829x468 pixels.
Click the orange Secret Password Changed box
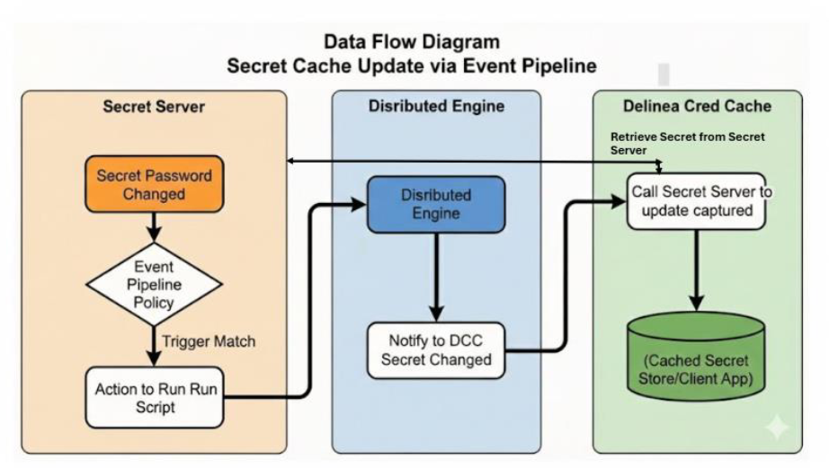(x=154, y=185)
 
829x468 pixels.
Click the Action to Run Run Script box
(x=154, y=396)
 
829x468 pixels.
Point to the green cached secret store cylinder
(x=696, y=356)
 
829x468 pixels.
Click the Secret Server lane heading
(x=154, y=107)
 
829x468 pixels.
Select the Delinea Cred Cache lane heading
(x=697, y=106)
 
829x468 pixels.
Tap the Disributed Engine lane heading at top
(x=436, y=107)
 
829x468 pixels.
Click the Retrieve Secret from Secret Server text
(x=688, y=143)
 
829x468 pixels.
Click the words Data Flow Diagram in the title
(x=412, y=42)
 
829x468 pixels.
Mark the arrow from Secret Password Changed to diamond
(x=154, y=229)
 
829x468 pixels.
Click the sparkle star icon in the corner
(x=776, y=428)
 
